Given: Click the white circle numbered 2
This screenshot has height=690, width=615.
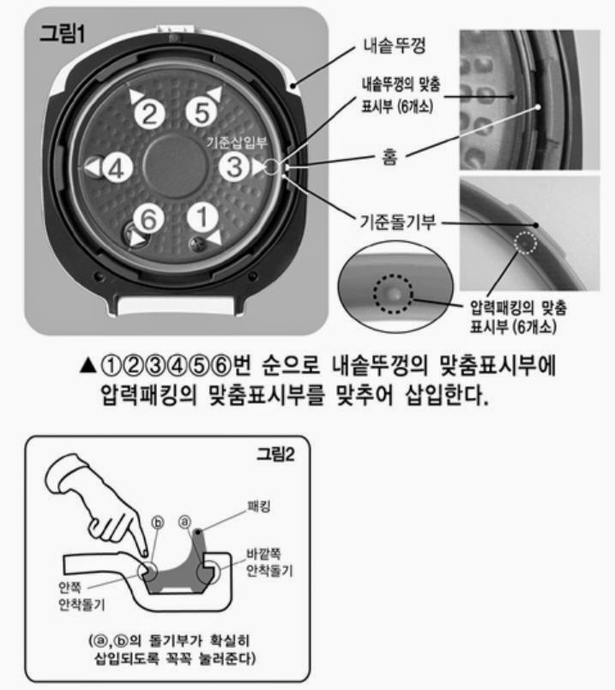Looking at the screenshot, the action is (150, 113).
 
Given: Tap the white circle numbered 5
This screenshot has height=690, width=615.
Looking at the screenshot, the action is (202, 111).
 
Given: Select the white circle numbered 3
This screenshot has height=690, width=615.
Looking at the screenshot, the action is (234, 167).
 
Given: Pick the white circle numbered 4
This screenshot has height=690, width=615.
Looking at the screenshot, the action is (118, 168).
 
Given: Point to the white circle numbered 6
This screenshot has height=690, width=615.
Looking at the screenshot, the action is (148, 219).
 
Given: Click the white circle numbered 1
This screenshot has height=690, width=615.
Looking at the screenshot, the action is (202, 218).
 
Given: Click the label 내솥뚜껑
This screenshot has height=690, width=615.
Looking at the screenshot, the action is (394, 45).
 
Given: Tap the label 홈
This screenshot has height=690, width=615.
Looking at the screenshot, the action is (389, 157).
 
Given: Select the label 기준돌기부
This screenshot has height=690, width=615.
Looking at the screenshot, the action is (398, 221).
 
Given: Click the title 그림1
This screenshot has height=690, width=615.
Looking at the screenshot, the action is (62, 33).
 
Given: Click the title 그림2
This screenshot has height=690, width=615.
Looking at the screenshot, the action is (275, 453).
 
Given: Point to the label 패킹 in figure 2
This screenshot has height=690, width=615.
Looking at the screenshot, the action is (259, 507).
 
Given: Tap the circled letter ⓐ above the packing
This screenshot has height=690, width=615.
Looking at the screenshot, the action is (185, 522).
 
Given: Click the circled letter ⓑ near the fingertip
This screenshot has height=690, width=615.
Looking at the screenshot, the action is (158, 523).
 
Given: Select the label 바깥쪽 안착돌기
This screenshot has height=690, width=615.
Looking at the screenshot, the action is (269, 562).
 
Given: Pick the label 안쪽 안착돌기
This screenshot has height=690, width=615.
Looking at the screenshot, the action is (81, 596).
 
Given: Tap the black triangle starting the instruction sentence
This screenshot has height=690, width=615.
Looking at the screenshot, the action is (88, 365).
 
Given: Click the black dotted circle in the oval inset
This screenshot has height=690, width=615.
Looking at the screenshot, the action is (394, 294).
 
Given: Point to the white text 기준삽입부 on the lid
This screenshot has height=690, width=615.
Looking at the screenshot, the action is (237, 141).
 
